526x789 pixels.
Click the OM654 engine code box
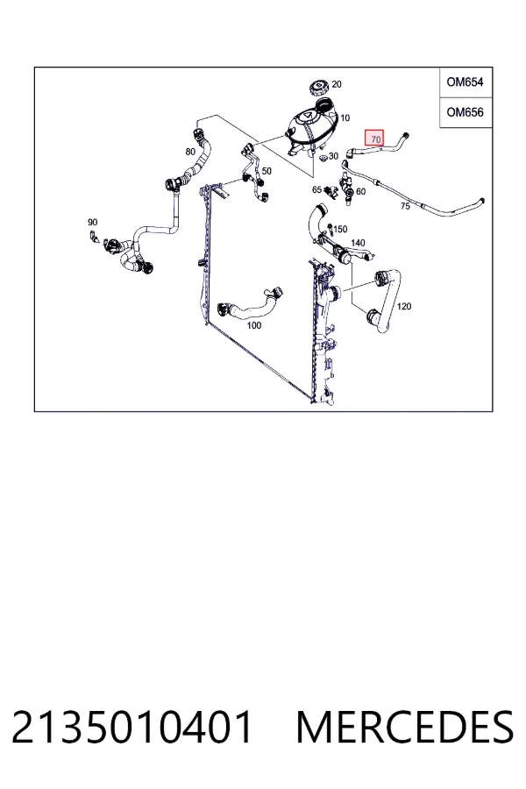coord(466,82)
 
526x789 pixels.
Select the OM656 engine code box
coord(466,112)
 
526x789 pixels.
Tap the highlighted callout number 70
coord(374,138)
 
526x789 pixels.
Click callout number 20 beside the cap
coord(337,84)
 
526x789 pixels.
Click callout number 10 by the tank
coord(345,118)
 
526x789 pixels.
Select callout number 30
coord(334,157)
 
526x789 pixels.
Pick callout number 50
coord(267,171)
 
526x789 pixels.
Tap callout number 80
coord(190,152)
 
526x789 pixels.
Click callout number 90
coord(92,222)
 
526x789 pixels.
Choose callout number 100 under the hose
coord(253,325)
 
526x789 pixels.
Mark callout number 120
coord(403,306)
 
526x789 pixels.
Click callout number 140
coord(358,243)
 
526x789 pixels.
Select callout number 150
coord(340,230)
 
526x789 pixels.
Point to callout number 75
coord(405,206)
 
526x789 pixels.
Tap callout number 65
coord(316,189)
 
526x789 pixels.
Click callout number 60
coord(360,191)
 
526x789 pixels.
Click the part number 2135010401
coord(131,727)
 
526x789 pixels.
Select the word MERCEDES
coord(405,727)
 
